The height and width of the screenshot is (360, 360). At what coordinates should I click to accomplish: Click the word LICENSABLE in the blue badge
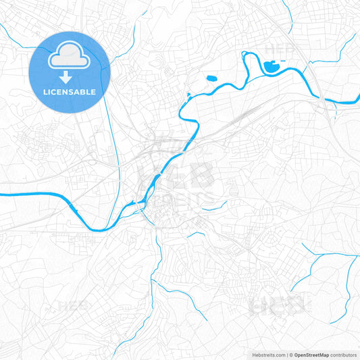(x=70, y=92)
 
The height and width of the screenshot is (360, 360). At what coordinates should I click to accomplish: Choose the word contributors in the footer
(x=344, y=354)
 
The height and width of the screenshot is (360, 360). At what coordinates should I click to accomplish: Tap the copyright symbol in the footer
(x=291, y=354)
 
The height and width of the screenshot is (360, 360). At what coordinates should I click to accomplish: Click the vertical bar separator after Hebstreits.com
(x=286, y=354)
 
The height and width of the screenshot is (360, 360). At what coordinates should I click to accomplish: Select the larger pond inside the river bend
(x=272, y=66)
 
